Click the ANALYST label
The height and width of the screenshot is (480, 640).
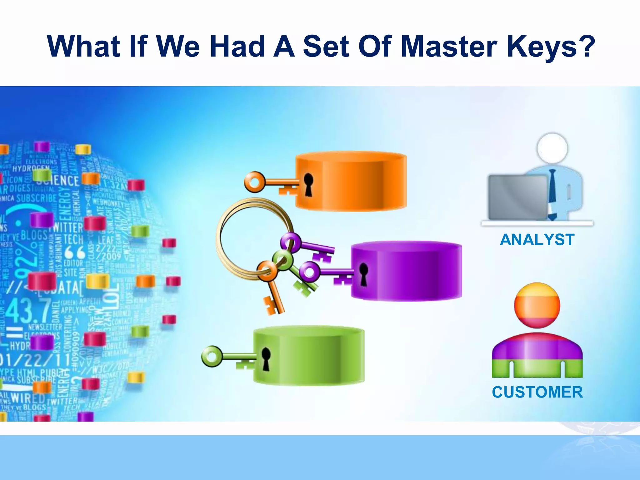click(x=537, y=240)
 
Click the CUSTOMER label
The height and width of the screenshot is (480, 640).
click(x=537, y=392)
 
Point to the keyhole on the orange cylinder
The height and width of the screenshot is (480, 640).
click(x=308, y=184)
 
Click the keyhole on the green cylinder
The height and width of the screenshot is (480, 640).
click(x=266, y=359)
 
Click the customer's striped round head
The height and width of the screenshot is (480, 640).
click(x=537, y=305)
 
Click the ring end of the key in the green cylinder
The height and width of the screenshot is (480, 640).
click(x=212, y=356)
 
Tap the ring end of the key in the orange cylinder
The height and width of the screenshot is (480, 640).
click(x=254, y=182)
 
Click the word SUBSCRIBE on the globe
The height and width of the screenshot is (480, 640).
click(x=37, y=198)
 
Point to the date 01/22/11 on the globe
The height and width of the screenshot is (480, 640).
click(x=31, y=361)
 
